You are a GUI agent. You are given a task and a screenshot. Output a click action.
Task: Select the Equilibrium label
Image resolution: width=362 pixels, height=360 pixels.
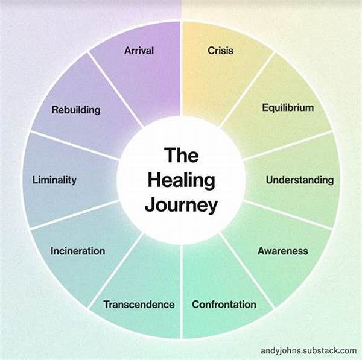click(288, 108)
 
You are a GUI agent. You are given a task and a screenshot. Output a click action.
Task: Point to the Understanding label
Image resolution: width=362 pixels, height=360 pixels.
click(299, 180)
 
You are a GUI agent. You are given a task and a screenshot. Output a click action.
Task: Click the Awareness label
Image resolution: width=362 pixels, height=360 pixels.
click(283, 251)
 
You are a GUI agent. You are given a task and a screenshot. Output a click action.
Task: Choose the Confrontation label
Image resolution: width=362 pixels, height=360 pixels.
click(224, 304)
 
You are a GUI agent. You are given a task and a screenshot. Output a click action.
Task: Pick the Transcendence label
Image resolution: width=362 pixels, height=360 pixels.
click(139, 304)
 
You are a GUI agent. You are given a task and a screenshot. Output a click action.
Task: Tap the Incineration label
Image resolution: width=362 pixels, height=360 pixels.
click(78, 251)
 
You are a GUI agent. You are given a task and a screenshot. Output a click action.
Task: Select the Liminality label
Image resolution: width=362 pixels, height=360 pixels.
click(54, 180)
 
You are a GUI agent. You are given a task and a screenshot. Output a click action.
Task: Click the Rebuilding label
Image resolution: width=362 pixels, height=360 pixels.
click(76, 110)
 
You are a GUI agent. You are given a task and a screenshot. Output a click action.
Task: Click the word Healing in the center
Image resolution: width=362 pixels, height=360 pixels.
click(182, 180)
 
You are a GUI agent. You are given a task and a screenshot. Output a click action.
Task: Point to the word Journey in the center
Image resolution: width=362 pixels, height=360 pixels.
click(182, 205)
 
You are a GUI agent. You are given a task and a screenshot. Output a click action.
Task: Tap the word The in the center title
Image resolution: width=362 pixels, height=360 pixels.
click(182, 156)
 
